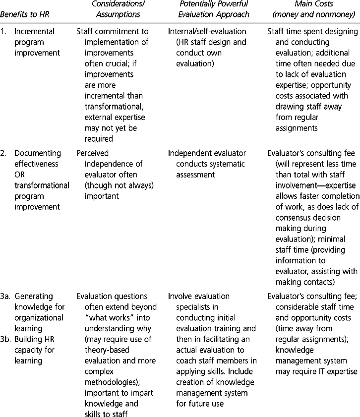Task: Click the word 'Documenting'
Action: pos(37,153)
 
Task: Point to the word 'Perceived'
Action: pos(93,153)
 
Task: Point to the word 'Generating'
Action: pos(35,297)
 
